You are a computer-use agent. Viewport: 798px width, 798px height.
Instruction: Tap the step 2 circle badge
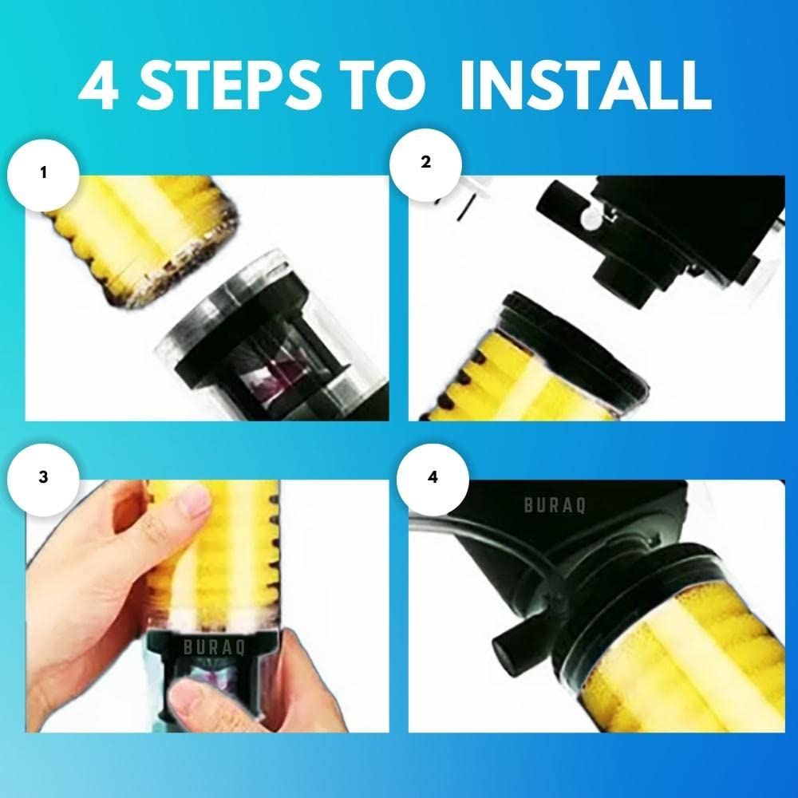coord(425,162)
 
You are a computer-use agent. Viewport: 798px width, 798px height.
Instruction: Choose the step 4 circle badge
coord(433,476)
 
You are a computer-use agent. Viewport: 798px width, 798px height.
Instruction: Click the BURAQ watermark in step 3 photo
coord(185,648)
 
